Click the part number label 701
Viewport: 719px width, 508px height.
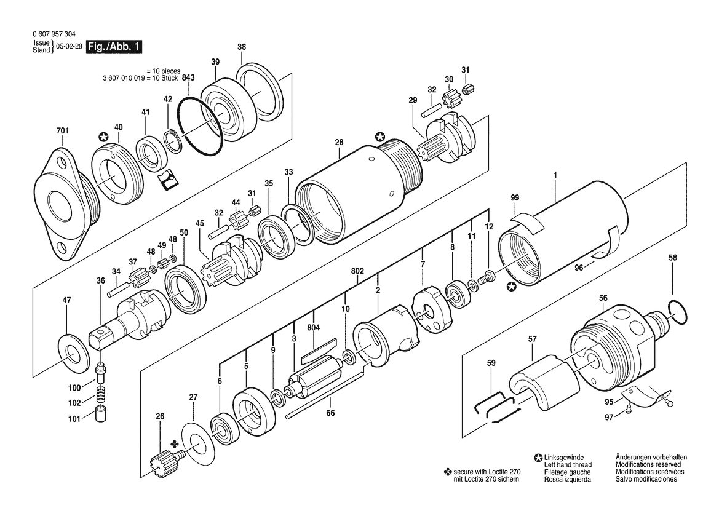click(x=62, y=130)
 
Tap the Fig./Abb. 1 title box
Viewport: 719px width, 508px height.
click(x=114, y=46)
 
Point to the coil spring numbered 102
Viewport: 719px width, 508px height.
click(x=100, y=395)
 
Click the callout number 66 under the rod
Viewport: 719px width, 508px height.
click(x=330, y=413)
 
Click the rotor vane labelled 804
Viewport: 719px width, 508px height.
click(x=318, y=351)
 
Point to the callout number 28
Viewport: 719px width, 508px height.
click(x=339, y=143)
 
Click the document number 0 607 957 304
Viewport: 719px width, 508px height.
click(x=55, y=34)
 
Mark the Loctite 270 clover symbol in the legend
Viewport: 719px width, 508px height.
click(x=448, y=472)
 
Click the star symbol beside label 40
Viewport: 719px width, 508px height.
click(x=104, y=137)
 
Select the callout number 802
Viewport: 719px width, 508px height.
click(x=357, y=271)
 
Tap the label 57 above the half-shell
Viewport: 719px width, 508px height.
click(x=532, y=339)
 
